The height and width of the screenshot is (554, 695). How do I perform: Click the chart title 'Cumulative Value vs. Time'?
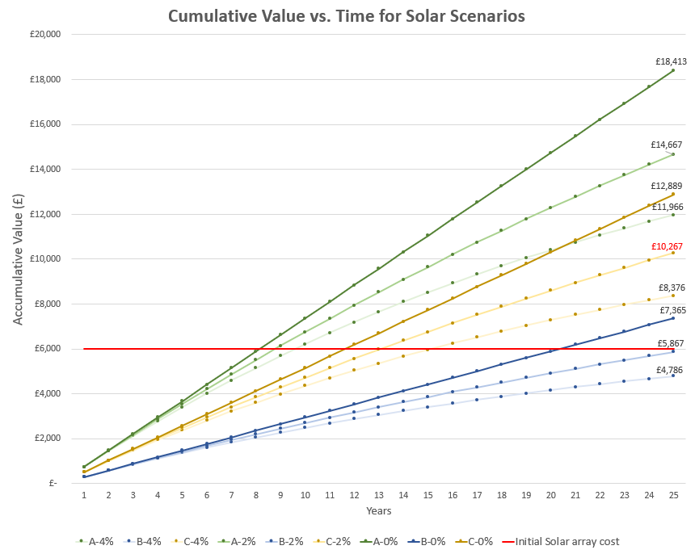point(347,16)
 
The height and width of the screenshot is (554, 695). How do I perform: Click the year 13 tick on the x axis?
point(378,494)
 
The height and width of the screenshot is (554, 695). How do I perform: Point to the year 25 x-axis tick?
point(672,494)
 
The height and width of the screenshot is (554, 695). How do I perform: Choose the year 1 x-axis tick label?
point(84,494)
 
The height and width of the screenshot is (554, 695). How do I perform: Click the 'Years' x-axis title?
point(378,511)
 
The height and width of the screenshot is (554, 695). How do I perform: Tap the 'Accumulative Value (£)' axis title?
point(17,259)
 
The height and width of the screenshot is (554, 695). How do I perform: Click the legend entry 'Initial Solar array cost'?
point(561,540)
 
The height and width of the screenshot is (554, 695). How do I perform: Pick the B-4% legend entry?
point(145,540)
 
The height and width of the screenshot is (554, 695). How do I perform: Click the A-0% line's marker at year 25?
point(672,70)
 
